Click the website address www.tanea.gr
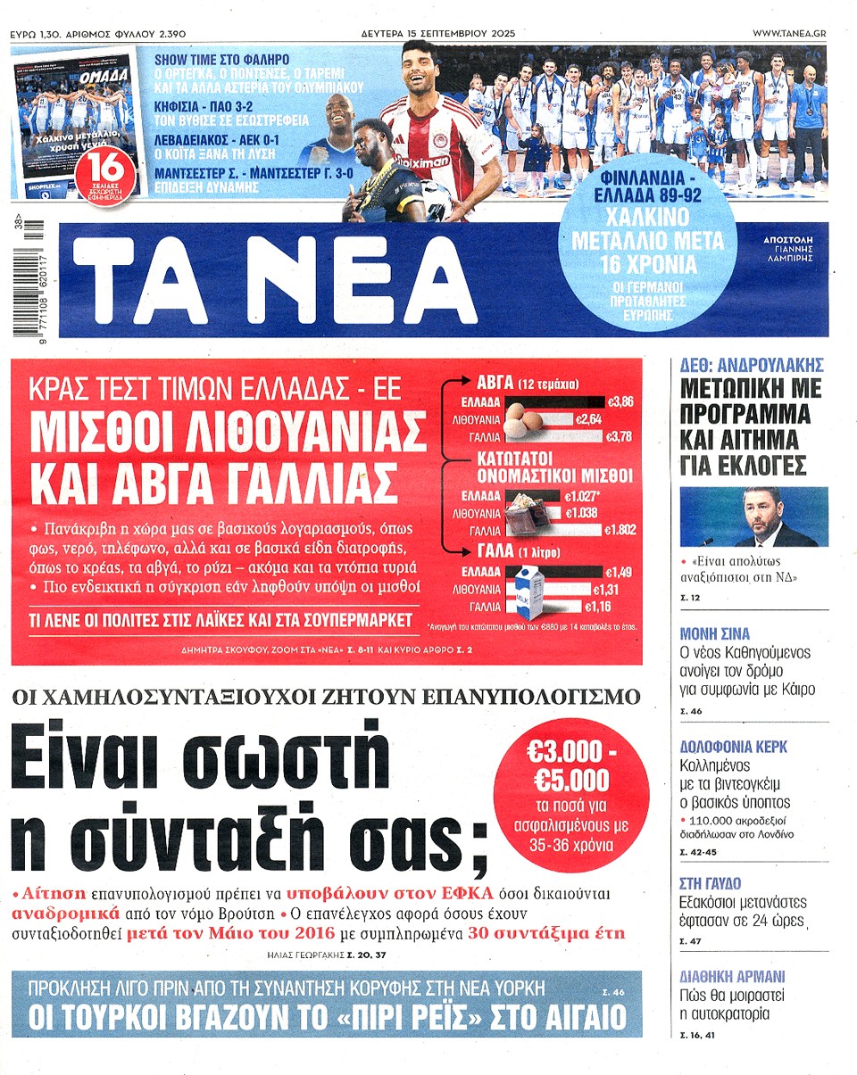(788, 33)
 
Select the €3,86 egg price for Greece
(619, 402)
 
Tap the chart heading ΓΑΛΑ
(496, 550)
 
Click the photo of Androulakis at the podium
(754, 517)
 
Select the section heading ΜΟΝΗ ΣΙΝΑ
(715, 634)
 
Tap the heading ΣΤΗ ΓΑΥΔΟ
(711, 883)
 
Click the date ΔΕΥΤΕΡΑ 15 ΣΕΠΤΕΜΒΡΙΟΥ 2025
(428, 33)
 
